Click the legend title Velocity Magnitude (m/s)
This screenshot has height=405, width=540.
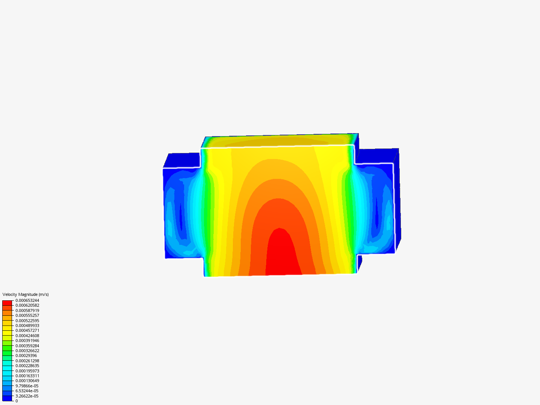tap(25, 294)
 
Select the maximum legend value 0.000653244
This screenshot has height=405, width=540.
tap(27, 300)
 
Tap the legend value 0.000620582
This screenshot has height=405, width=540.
tap(27, 305)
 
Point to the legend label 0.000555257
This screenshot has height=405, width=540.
tap(27, 315)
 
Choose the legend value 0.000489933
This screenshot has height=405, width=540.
tap(27, 325)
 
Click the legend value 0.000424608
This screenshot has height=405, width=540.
tap(27, 336)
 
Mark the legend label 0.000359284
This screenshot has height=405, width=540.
tap(27, 346)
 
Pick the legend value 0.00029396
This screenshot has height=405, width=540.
tap(26, 355)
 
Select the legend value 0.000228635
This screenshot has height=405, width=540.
tap(27, 366)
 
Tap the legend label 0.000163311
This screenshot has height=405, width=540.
tap(27, 376)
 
